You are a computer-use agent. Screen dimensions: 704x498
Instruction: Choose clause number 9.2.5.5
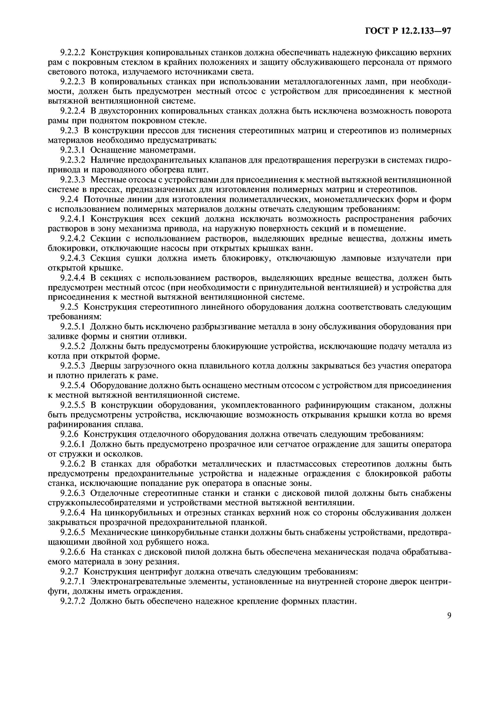(74, 405)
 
